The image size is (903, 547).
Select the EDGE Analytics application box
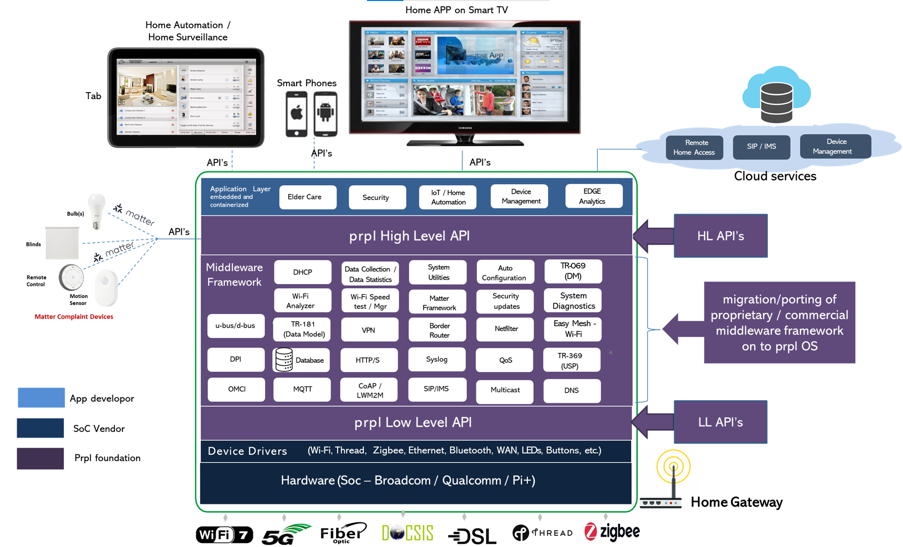pos(593,197)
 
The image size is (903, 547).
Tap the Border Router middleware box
pos(439,330)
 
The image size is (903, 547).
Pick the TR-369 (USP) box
pos(571,360)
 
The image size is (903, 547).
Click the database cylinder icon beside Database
pos(284,360)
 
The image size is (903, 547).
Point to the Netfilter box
pos(505,329)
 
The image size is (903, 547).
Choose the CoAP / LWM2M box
pos(369,390)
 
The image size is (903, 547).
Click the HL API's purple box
pos(720,236)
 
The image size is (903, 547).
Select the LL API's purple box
pos(720,422)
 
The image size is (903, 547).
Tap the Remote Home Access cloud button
pos(693,147)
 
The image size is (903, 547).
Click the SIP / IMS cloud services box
pos(761,147)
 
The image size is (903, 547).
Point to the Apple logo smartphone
pos(297,114)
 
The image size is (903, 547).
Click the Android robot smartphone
pos(325,114)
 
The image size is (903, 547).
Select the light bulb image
pos(96,210)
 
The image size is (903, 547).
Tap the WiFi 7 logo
pos(224,534)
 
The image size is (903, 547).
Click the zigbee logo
pos(612,532)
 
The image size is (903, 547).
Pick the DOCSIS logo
pos(407,533)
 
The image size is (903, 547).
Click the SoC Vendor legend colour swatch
pos(40,428)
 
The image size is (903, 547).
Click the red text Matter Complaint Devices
pos(74,317)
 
